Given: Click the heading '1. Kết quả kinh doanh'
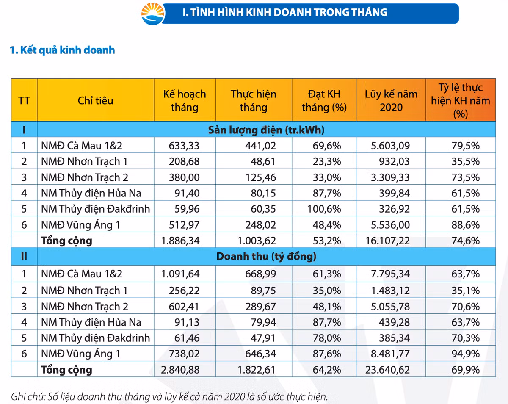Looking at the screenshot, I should click(62, 50).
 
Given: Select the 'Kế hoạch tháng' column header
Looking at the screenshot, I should click(184, 100).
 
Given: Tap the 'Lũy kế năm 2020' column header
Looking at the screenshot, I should click(391, 100).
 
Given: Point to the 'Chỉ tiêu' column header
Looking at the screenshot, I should click(95, 100).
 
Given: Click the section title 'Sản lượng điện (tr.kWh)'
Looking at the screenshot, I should click(266, 130).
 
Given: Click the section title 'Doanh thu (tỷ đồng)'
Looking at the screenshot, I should click(266, 257).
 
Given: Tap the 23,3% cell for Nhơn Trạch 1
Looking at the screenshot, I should click(328, 161).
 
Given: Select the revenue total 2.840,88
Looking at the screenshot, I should click(180, 370).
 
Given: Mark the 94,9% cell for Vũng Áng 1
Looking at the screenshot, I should click(466, 354).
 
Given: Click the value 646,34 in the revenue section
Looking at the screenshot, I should click(261, 354).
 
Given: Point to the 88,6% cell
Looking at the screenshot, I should click(466, 225).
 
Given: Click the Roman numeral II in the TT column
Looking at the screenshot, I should click(24, 257).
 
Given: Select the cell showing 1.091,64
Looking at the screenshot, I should click(180, 274).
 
